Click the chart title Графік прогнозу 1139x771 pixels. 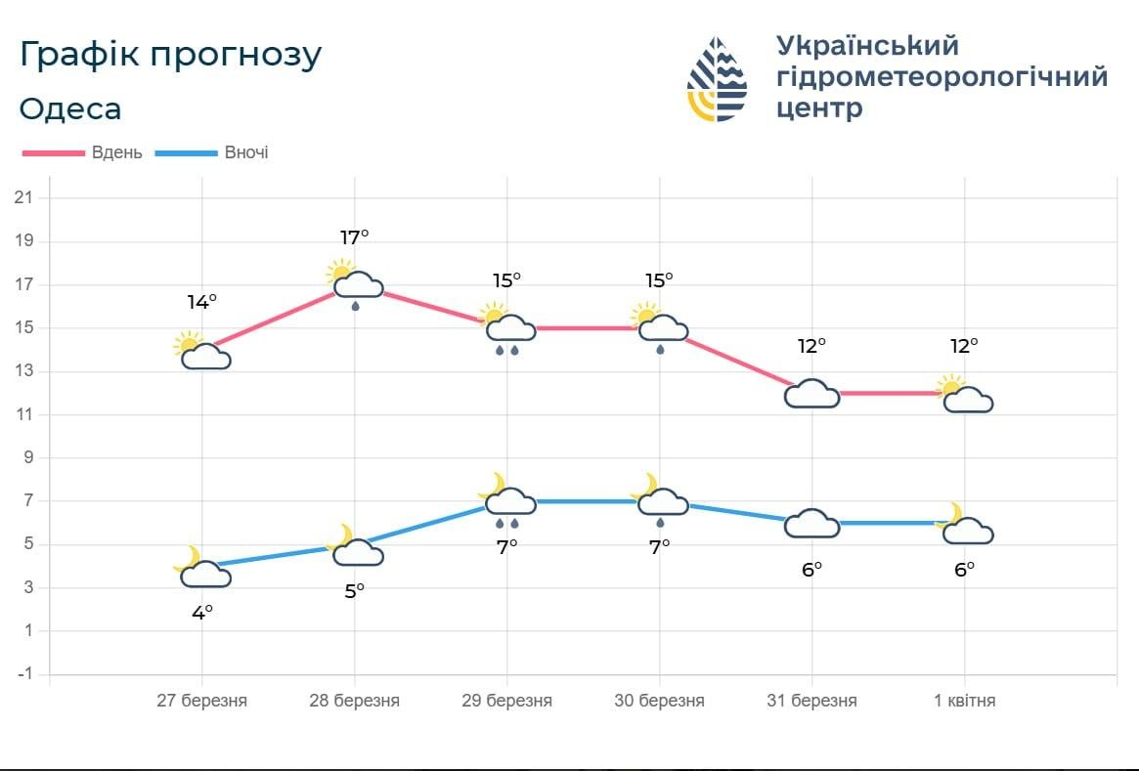click(170, 56)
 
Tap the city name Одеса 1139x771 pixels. click(70, 108)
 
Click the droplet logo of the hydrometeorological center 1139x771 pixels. click(717, 79)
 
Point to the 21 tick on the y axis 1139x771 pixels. click(24, 198)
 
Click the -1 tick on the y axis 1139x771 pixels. click(24, 674)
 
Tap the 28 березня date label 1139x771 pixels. click(354, 701)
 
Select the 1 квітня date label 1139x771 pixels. click(965, 701)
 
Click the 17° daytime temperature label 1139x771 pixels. click(354, 236)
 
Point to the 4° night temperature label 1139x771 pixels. click(201, 613)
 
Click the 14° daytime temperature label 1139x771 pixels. click(201, 302)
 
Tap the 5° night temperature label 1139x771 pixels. click(354, 590)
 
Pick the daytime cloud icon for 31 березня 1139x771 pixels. click(812, 393)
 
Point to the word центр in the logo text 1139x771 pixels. click(819, 107)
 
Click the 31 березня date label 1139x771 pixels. click(811, 701)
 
